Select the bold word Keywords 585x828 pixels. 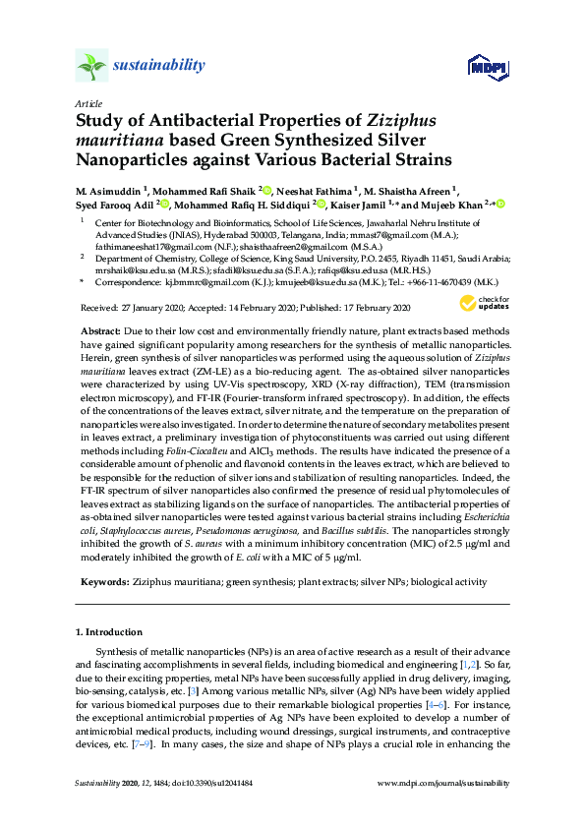(x=103, y=582)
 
